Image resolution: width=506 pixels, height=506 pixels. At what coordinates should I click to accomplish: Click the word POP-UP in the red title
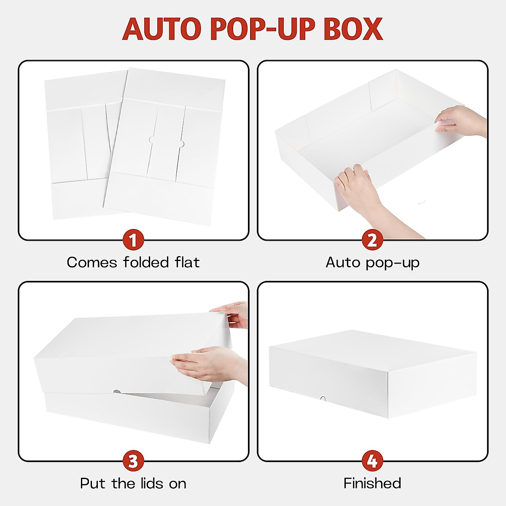(x=262, y=29)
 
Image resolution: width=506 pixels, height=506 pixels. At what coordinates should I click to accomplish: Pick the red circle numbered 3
(x=133, y=461)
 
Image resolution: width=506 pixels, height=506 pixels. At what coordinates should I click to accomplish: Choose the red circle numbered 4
(x=372, y=461)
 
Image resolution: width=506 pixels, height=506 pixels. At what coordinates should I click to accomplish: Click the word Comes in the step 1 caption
(x=92, y=262)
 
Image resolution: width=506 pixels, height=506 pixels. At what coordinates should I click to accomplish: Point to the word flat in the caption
(x=187, y=262)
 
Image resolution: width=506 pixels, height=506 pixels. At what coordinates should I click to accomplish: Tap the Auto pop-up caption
(x=372, y=262)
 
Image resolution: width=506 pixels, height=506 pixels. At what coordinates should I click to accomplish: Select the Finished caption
(x=372, y=483)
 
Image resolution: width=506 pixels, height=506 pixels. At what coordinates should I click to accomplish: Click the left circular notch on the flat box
(x=151, y=140)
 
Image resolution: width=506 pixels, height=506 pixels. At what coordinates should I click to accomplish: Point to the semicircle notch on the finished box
(x=323, y=398)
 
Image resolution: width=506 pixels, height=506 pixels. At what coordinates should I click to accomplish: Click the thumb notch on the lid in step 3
(x=116, y=393)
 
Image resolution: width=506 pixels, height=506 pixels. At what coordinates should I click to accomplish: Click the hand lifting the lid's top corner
(x=234, y=314)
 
